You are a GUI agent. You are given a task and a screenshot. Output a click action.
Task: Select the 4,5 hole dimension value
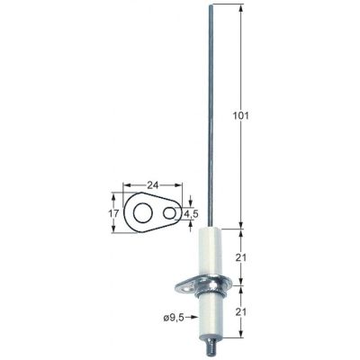[190, 214]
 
